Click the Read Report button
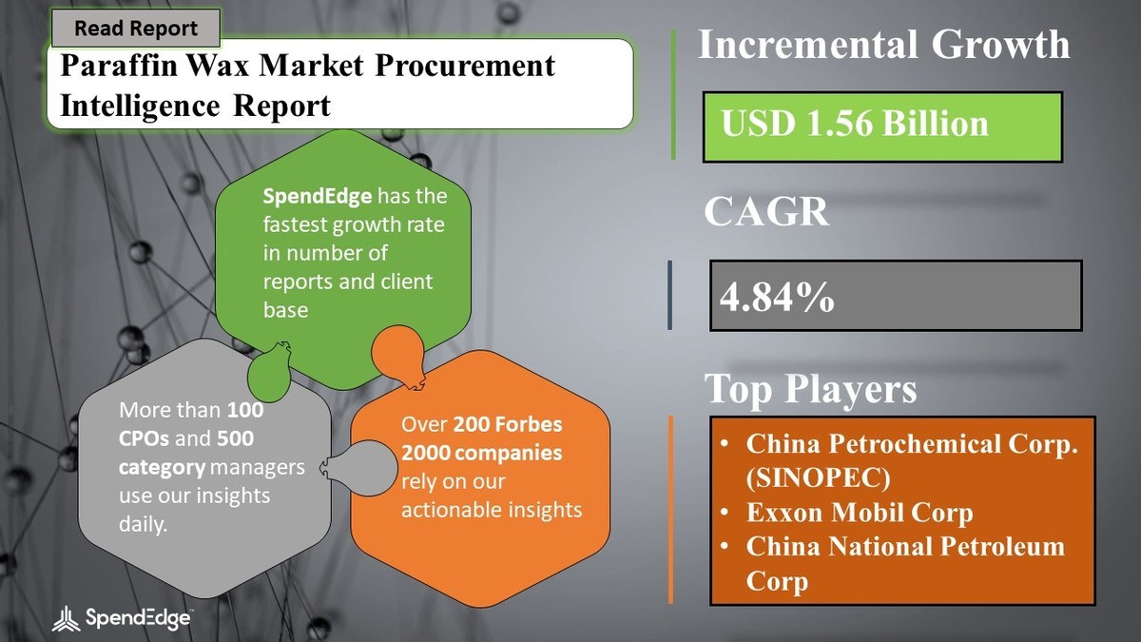tap(136, 28)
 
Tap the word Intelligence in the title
tap(140, 106)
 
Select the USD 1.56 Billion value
tap(854, 124)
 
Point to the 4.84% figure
tap(777, 297)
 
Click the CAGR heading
tap(766, 211)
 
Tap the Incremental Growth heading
tap(883, 45)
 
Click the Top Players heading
tap(810, 388)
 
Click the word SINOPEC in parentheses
tap(818, 477)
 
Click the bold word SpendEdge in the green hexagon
tap(317, 196)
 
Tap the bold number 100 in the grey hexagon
tap(245, 410)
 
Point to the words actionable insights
tap(492, 510)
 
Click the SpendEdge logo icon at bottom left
tap(66, 618)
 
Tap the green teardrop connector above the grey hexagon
tap(269, 372)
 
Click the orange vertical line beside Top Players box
tap(670, 510)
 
